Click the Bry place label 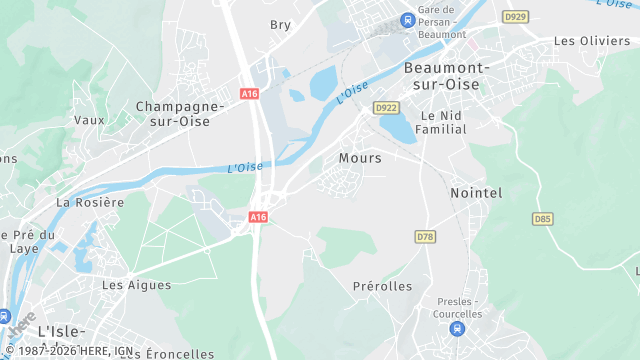[x=280, y=25]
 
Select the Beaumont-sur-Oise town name [x=446, y=75]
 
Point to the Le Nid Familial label [x=446, y=124]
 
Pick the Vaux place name [x=89, y=120]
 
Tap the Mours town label [x=360, y=158]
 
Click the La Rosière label [x=90, y=202]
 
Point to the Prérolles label [x=382, y=287]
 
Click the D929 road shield [x=516, y=17]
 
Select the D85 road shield [x=543, y=218]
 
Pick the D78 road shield [x=425, y=236]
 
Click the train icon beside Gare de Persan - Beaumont [x=406, y=20]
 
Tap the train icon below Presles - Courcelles [x=458, y=328]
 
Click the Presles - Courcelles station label [x=459, y=307]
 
